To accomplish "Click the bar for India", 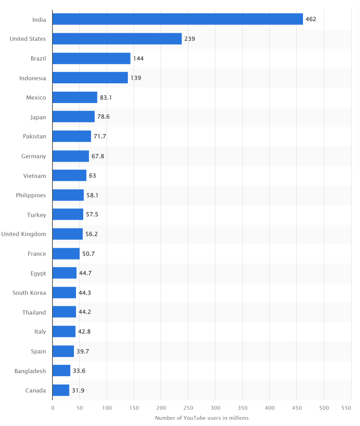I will tap(178, 19).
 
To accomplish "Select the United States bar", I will tap(117, 39).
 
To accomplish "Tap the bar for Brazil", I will tap(92, 58).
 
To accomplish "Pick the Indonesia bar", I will tap(90, 78).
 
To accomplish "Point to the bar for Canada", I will tap(61, 390).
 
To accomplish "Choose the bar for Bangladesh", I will tap(61, 371).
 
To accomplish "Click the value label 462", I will tap(311, 19).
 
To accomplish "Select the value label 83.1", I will tap(106, 98).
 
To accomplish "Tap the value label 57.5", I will tap(92, 215).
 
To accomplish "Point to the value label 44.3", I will tap(85, 293).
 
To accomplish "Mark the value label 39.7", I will tap(82, 351).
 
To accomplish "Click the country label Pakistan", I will tap(34, 136).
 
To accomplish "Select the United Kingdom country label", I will tap(23, 234).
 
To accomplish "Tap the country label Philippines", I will tap(31, 195).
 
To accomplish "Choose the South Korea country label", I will tap(29, 293).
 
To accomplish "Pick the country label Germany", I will tap(34, 156).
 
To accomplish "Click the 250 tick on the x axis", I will tap(188, 408).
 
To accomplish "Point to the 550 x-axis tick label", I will tap(347, 408).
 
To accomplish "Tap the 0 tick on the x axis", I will tap(53, 408).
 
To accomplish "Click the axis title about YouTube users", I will tap(202, 418).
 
